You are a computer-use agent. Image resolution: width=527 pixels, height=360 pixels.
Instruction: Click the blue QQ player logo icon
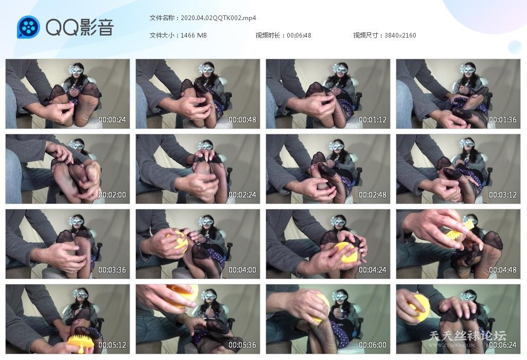click(x=28, y=27)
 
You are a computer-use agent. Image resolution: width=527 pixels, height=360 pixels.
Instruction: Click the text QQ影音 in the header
click(x=80, y=27)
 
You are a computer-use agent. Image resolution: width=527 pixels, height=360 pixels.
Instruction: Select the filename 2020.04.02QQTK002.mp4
click(x=218, y=18)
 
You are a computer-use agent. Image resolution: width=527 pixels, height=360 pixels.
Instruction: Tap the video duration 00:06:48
click(x=299, y=35)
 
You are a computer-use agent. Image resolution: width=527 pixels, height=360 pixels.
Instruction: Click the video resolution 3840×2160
click(x=400, y=35)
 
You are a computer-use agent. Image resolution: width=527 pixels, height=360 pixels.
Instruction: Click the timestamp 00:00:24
click(x=112, y=119)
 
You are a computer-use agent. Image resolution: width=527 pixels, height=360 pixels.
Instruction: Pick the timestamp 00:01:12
click(x=373, y=119)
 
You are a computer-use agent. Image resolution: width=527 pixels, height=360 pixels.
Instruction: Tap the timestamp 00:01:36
click(x=502, y=119)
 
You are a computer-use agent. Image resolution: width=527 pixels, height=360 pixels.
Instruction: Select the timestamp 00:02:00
click(x=112, y=195)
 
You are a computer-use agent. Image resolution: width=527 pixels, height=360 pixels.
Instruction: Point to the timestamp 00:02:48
click(x=373, y=195)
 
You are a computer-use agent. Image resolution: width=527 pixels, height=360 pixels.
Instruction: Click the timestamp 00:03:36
click(x=112, y=270)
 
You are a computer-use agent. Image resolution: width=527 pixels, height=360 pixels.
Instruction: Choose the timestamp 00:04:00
click(x=242, y=270)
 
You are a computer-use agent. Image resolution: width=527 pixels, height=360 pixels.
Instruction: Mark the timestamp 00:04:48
click(x=502, y=270)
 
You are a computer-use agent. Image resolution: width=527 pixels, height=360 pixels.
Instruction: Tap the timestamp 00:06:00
click(x=373, y=345)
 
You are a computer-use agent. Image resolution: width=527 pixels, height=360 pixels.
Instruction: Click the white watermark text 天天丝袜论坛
click(x=467, y=336)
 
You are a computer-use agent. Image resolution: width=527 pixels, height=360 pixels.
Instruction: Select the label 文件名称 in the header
click(x=162, y=18)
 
